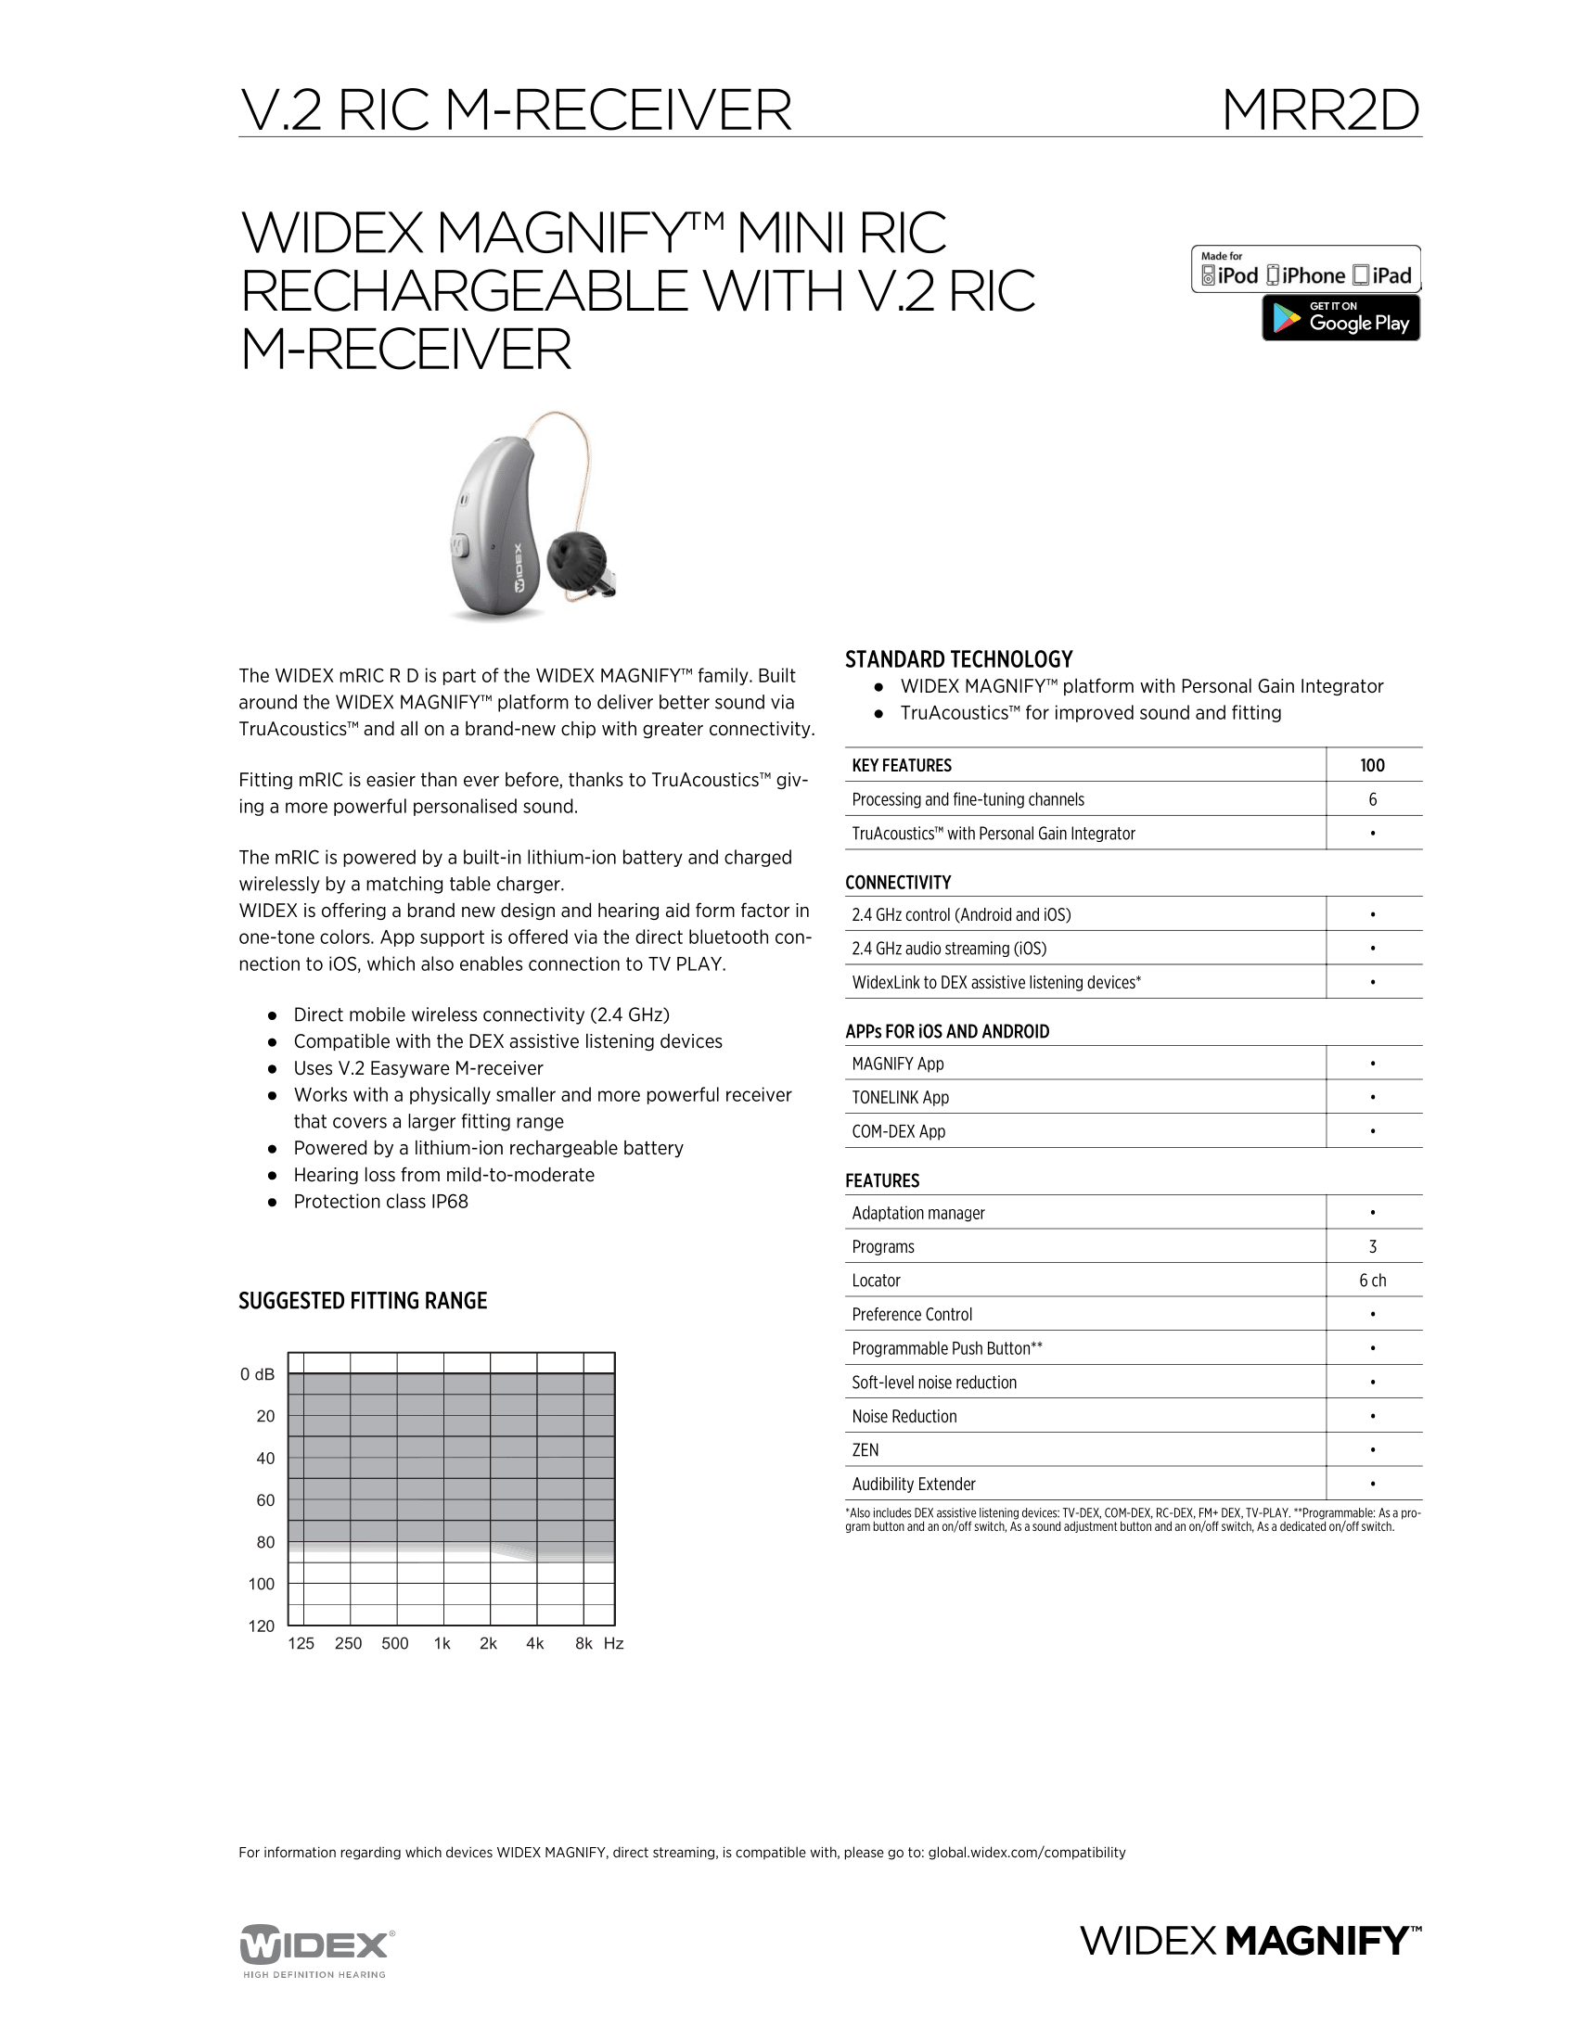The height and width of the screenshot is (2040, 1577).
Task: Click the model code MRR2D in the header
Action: [x=1320, y=111]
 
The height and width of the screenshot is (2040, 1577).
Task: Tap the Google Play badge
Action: [x=1340, y=318]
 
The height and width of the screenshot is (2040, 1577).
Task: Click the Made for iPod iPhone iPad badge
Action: [x=1305, y=270]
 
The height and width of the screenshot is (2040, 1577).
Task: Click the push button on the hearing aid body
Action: [x=458, y=544]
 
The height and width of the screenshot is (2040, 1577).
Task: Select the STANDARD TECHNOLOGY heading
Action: [x=958, y=659]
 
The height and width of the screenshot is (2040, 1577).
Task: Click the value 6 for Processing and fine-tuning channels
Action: [x=1371, y=799]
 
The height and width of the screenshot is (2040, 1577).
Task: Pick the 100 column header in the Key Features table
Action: [x=1371, y=766]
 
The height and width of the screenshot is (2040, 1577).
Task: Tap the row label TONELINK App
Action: [x=900, y=1098]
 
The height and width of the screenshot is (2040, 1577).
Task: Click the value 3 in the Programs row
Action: [x=1371, y=1247]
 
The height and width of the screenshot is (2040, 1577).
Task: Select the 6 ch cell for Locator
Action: [x=1371, y=1281]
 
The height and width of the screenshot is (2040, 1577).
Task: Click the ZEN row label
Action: [x=865, y=1450]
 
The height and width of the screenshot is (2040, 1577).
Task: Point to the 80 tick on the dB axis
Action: [x=265, y=1542]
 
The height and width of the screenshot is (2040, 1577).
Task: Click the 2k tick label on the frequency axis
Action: [x=488, y=1643]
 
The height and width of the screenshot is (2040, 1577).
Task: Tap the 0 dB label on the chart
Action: [x=257, y=1375]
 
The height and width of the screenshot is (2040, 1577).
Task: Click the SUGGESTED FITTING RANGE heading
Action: [x=363, y=1301]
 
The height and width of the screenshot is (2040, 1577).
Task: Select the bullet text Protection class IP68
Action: [x=380, y=1202]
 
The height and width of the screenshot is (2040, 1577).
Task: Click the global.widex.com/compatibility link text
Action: [x=1026, y=1853]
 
